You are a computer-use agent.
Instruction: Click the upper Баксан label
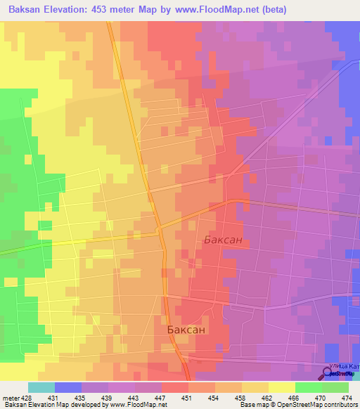pos(223,240)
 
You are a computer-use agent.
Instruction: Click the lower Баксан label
pos(187,329)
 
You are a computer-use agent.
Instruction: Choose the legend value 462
pos(268,398)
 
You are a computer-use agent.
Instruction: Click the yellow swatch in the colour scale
pos(281,387)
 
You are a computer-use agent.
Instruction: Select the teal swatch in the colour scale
pos(41,387)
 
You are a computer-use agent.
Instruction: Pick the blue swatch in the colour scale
pos(68,387)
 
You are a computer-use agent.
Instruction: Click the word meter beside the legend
pos(10,398)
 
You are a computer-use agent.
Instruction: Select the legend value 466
pos(295,398)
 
